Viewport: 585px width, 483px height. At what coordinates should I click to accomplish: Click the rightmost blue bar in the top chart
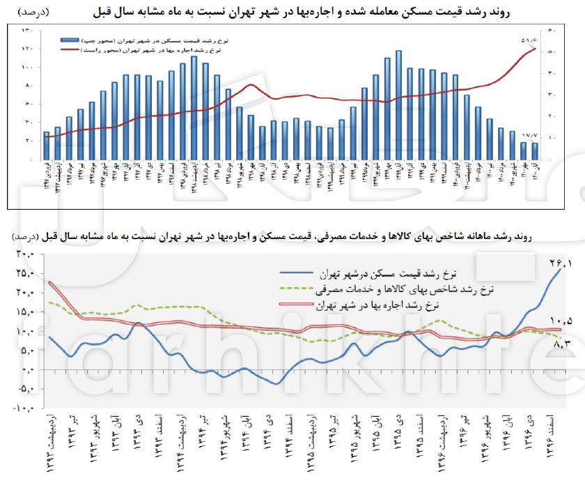click(535, 151)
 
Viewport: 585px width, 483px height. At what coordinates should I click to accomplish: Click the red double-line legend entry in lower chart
click(359, 305)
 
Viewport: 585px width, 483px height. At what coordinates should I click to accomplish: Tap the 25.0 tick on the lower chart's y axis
click(26, 273)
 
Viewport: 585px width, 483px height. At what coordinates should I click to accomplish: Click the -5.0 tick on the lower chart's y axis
click(26, 390)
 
